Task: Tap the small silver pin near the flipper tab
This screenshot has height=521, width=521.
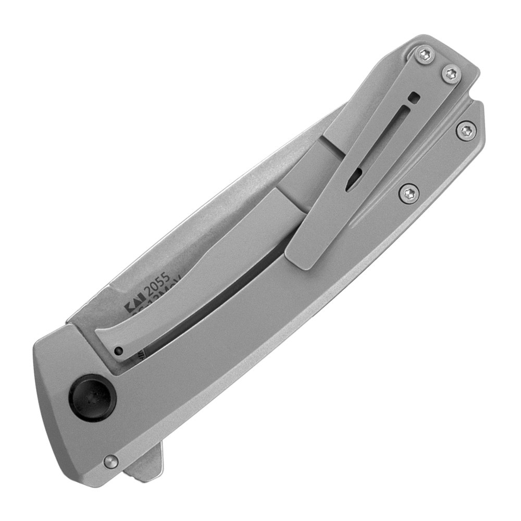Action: point(110,462)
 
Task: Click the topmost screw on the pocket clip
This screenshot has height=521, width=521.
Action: point(425,54)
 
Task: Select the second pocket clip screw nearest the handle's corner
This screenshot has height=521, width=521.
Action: point(451,73)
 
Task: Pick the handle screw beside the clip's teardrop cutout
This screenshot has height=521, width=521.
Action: point(409,194)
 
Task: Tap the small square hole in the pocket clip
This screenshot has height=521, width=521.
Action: point(414,97)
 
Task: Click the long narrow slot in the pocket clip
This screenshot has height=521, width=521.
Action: point(387,138)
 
